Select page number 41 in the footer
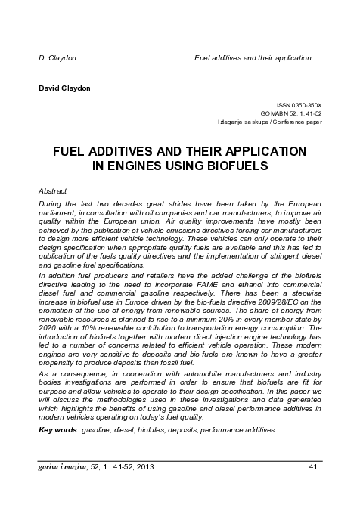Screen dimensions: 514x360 [314, 466]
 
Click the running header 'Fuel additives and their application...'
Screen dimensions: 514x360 [256, 57]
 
